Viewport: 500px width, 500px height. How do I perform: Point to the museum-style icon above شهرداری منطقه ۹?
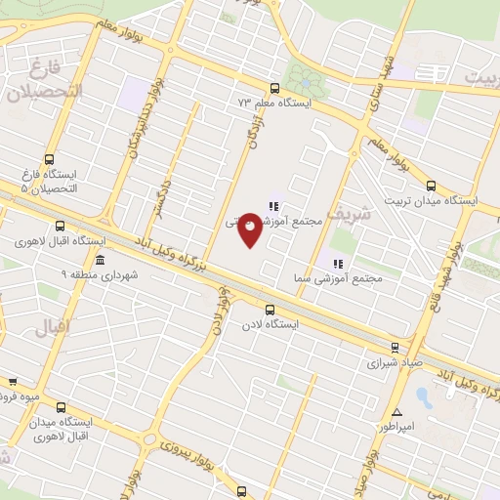tap(101, 259)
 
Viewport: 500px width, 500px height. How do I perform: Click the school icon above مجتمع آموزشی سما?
tap(339, 263)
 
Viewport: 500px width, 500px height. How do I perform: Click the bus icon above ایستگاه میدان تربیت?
tap(431, 185)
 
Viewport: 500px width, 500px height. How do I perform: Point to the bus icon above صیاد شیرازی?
tap(395, 346)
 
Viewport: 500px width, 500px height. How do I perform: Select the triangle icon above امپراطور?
tap(396, 411)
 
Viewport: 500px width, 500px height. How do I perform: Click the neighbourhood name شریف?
tap(350, 212)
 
